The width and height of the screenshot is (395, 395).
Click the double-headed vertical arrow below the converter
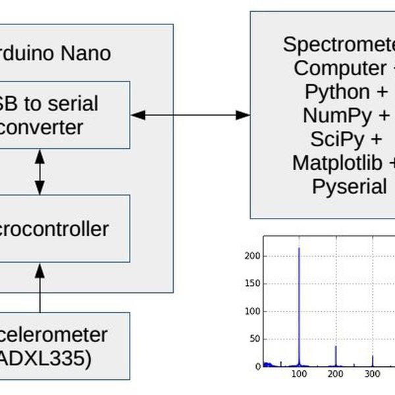(40, 171)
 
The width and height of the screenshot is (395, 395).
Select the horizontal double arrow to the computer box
(190, 115)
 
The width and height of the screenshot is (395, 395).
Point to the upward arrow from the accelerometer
(40, 286)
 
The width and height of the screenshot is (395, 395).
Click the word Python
(337, 92)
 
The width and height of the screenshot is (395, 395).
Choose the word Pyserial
(349, 186)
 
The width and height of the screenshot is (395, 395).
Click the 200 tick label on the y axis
(254, 255)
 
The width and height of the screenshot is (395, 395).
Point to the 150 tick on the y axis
(254, 283)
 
